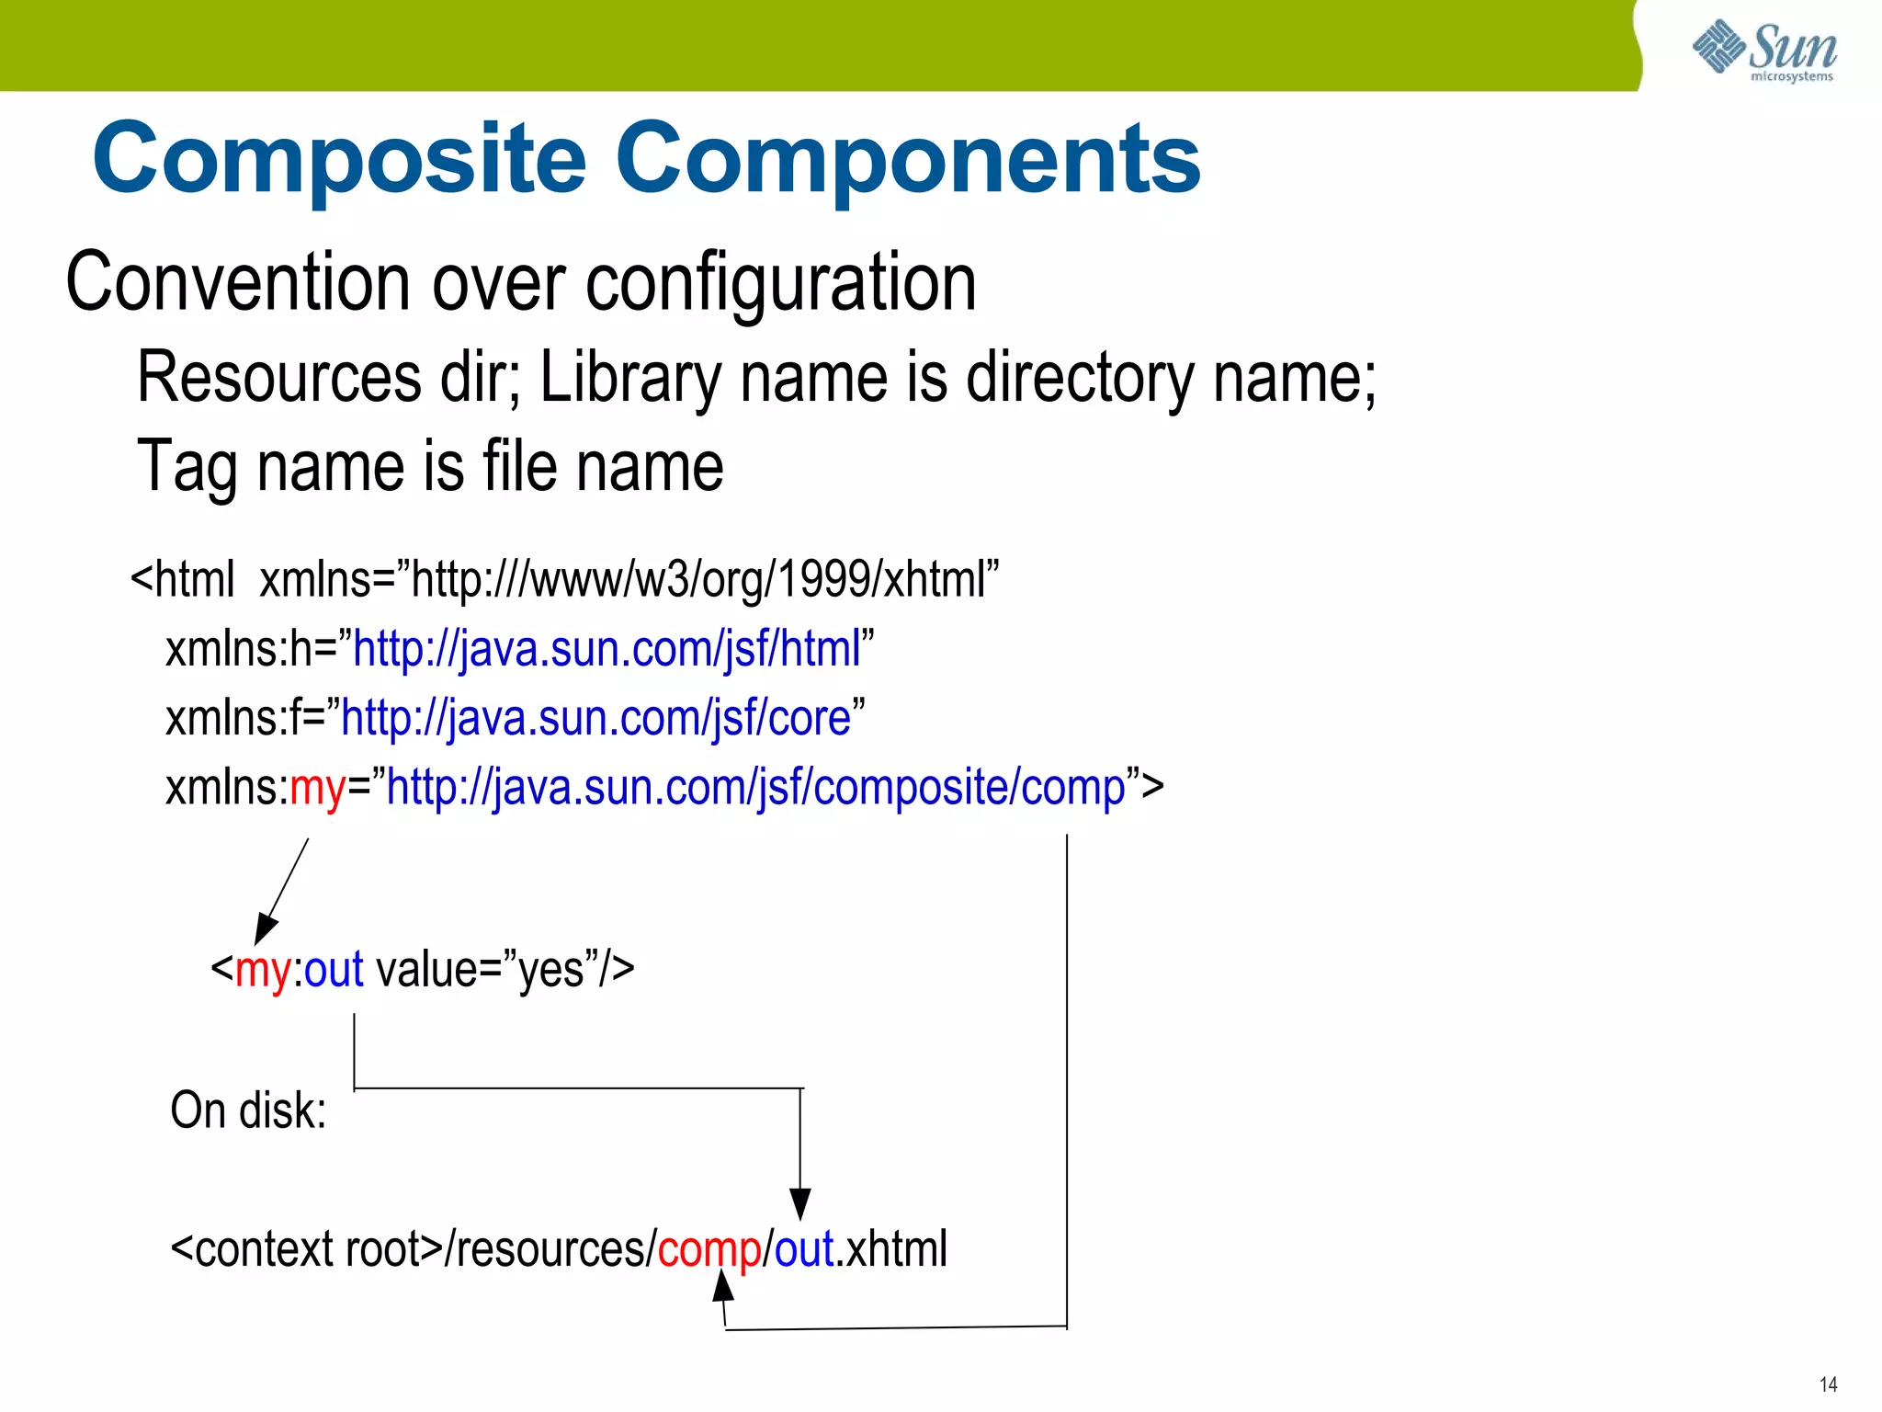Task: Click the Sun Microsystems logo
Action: pos(1764,50)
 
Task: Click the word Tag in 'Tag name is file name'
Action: pos(188,467)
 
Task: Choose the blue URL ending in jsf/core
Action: pos(595,718)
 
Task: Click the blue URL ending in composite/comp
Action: pos(755,788)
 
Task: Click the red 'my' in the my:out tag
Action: pos(263,970)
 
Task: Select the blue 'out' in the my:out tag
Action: pos(334,970)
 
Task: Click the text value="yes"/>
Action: pos(505,970)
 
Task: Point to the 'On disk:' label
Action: pos(248,1110)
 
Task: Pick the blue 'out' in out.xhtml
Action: pos(804,1249)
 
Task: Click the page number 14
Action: pos(1828,1384)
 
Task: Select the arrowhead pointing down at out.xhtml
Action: pos(800,1203)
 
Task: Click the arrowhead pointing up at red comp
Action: pos(723,1285)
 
